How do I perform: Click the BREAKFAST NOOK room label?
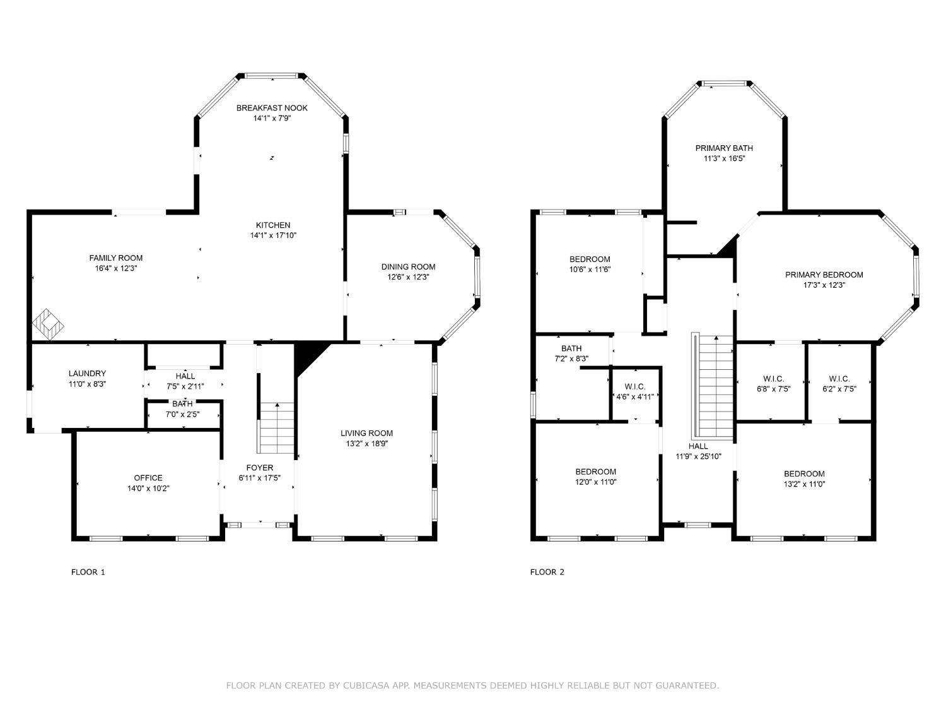(272, 108)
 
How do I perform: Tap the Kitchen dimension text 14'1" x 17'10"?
(273, 235)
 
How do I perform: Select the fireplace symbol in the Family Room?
(48, 324)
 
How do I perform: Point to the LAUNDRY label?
(87, 374)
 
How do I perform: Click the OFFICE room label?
(148, 478)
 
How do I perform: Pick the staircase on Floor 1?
(276, 428)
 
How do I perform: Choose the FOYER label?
(259, 467)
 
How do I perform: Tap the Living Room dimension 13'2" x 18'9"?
(367, 444)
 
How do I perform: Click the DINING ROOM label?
(408, 266)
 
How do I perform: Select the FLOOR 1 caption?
(88, 572)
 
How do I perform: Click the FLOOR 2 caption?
(547, 572)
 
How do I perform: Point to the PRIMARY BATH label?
(724, 148)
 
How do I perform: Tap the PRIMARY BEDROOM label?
(824, 275)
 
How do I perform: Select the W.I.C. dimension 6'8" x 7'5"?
(774, 389)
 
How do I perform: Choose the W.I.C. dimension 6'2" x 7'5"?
(839, 389)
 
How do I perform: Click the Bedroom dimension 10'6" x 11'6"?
(590, 269)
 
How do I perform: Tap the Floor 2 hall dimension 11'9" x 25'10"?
(698, 456)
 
